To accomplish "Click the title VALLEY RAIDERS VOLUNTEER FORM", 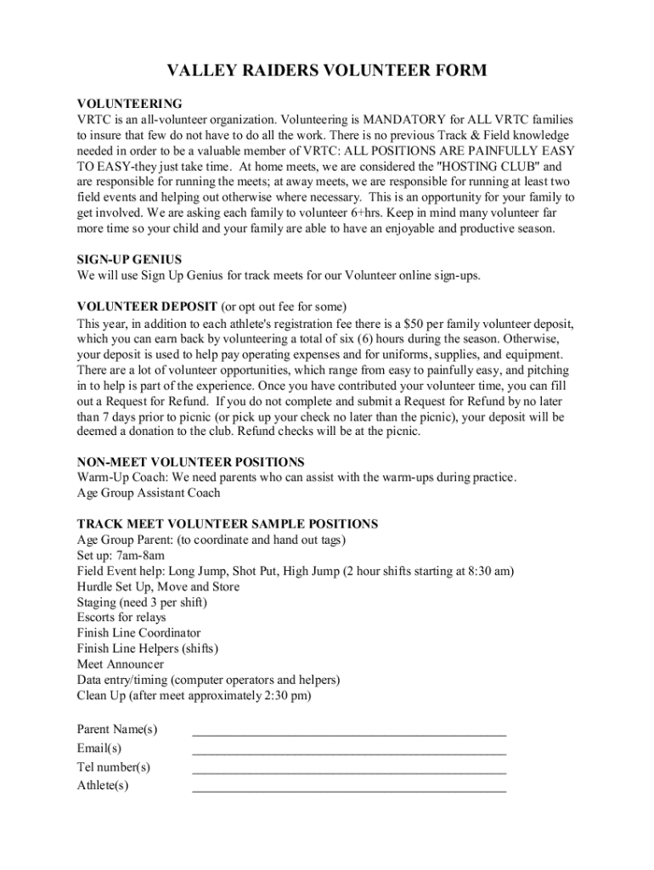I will point(326,71).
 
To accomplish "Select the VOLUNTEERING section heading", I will point(129,104).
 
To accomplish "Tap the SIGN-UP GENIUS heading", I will point(129,259).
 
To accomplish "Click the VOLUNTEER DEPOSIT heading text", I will point(147,306).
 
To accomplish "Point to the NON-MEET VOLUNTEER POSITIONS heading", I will point(190,462).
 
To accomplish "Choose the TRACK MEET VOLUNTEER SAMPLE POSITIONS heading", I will point(227,524).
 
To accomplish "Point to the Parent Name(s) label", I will point(117,730).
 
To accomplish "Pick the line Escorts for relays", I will point(121,618).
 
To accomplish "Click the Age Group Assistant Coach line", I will point(149,493).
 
